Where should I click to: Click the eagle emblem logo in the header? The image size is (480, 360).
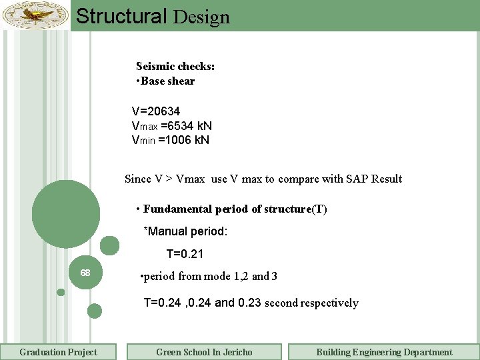coord(35,15)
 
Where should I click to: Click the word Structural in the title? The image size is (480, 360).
coord(121,16)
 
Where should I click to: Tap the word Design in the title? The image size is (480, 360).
coord(201,17)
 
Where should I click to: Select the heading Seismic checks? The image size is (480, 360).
coord(175,66)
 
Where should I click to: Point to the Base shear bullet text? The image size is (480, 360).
coord(167,81)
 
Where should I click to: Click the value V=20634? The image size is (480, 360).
coord(156,111)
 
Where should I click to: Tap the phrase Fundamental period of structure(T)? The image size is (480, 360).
coord(235,209)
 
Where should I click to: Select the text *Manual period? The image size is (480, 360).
coord(186,231)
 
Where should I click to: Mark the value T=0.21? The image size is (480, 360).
coord(185,254)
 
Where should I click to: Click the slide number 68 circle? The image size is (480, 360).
coord(85,273)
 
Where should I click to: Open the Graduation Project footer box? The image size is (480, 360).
coord(58,352)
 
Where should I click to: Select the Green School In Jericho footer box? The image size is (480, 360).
coord(204,352)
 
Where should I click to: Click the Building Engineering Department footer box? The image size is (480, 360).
coord(384,352)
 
